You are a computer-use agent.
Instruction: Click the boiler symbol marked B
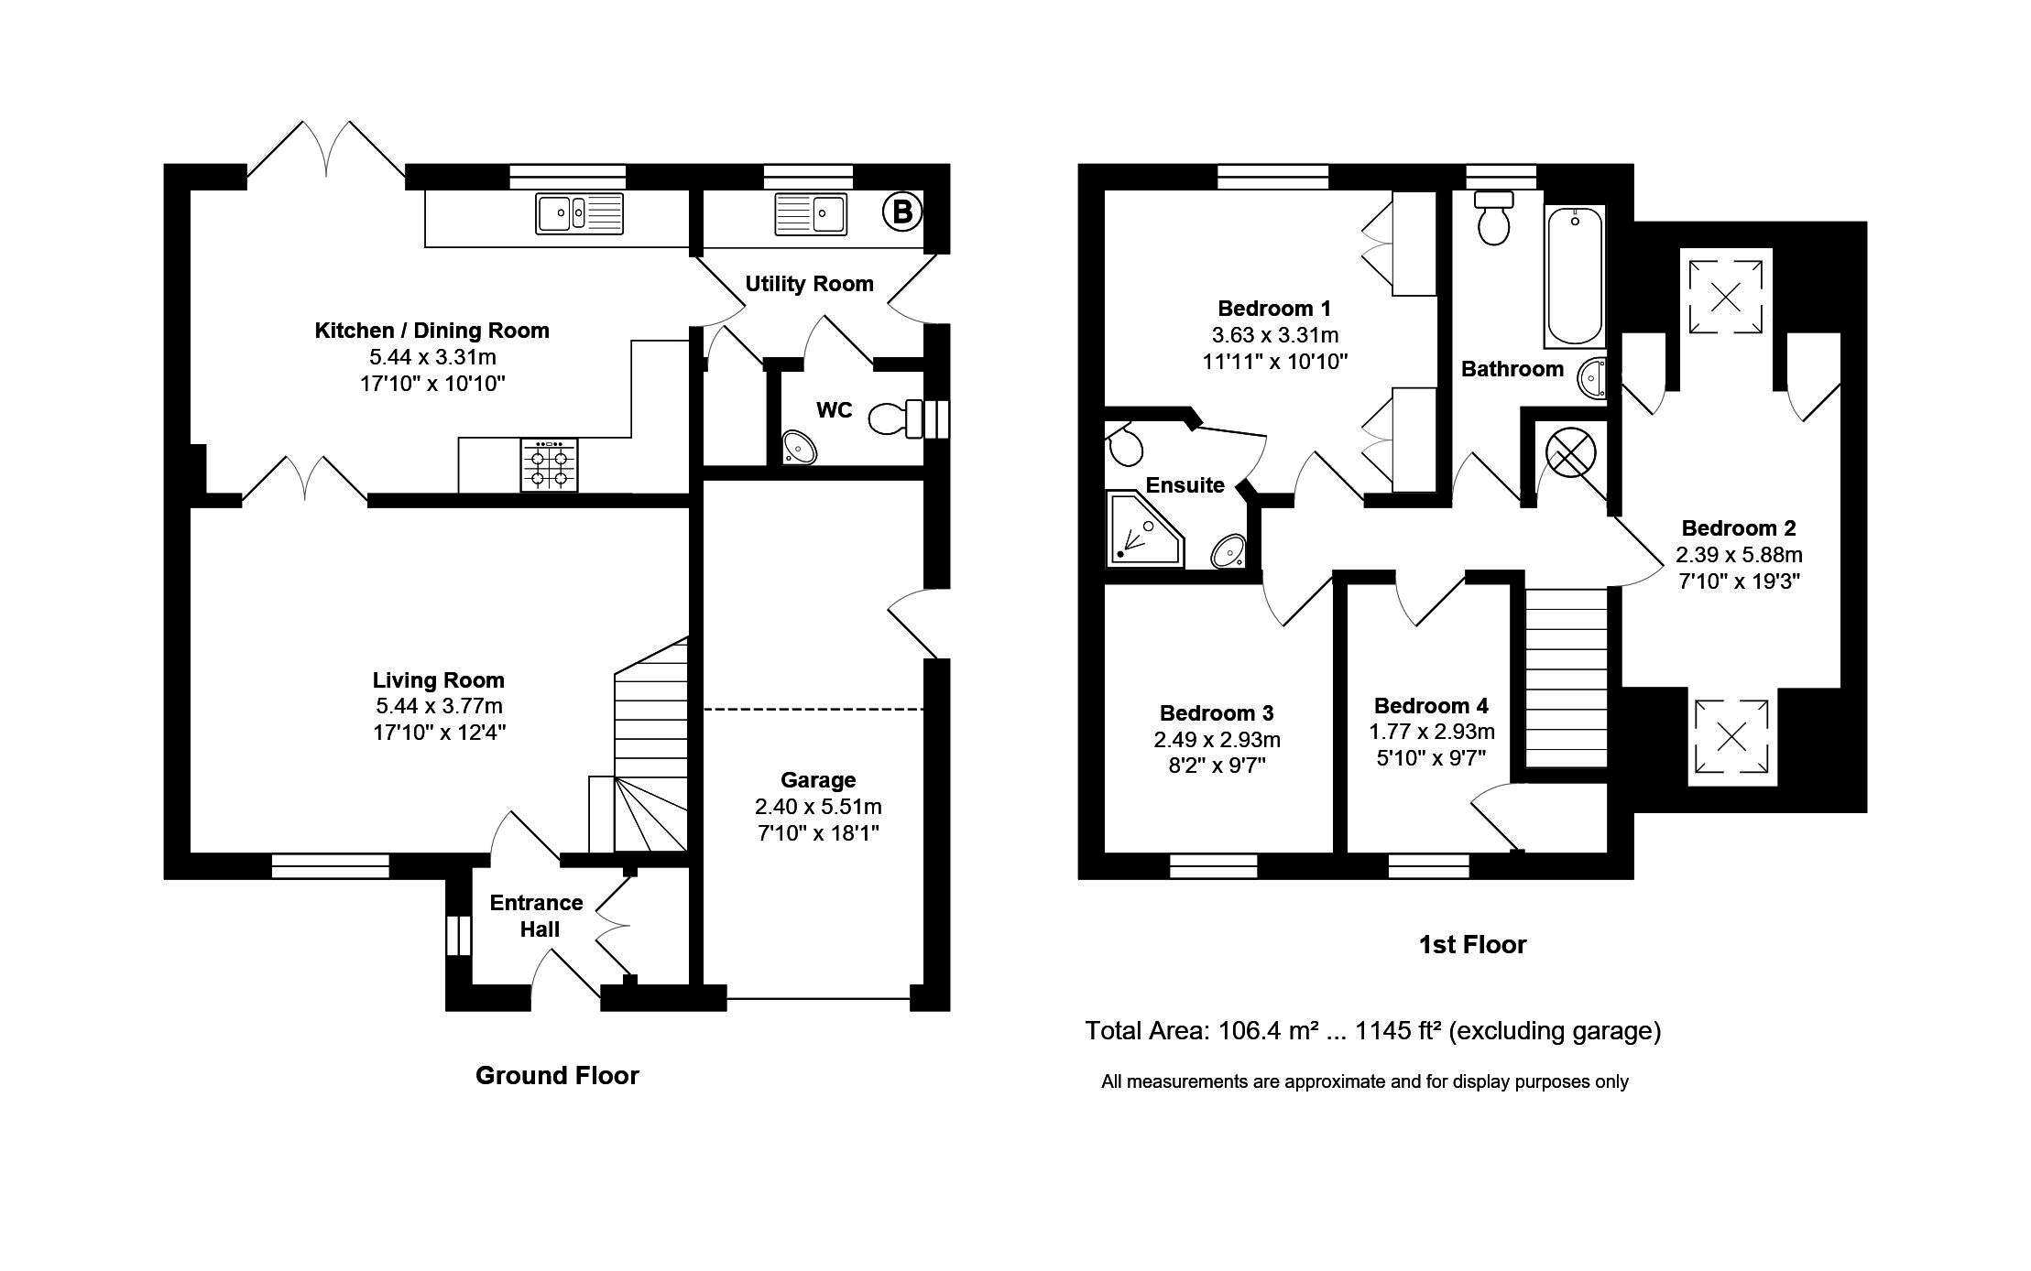901,212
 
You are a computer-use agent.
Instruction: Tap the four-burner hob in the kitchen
550,465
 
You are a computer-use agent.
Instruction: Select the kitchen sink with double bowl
579,213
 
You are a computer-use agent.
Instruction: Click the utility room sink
811,213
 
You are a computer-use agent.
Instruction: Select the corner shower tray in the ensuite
1145,528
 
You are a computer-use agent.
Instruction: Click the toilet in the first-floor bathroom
1494,218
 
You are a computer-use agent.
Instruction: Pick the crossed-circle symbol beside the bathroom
1571,451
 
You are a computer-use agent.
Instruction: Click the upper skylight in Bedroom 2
1725,297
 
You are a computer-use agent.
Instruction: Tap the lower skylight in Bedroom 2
1731,736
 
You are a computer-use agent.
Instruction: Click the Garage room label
818,780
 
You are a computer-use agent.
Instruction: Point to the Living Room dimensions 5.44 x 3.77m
439,706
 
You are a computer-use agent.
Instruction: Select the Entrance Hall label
537,916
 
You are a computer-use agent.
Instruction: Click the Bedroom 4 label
1431,706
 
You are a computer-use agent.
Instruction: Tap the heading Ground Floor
557,1075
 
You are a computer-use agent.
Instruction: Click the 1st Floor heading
1472,945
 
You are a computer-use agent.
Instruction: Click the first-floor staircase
1567,679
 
